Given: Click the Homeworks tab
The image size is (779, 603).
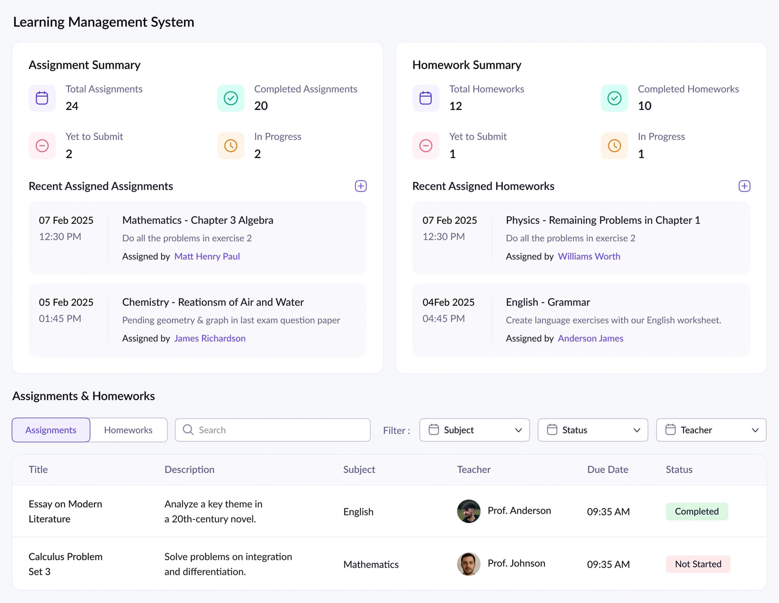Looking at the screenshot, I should pos(128,430).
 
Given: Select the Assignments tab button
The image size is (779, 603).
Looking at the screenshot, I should pos(51,430).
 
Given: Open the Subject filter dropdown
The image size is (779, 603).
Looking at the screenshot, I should pos(474,430).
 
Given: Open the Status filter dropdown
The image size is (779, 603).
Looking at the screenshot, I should pos(593,430).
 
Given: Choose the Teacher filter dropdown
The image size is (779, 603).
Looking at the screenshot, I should pos(711,430).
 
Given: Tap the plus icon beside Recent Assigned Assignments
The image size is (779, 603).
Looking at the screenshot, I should pos(361,186).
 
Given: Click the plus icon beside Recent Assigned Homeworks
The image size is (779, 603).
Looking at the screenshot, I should pos(745,186).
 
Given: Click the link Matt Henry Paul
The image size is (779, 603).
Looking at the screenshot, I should pos(207,256).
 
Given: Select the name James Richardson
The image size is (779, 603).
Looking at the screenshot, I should pos(210,338).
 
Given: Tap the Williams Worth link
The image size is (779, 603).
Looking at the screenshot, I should pos(589,256).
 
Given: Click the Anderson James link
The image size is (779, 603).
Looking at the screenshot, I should pos(590,338).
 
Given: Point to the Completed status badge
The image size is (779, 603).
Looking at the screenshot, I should pos(697,511).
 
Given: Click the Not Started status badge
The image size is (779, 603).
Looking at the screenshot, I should pos(698,564).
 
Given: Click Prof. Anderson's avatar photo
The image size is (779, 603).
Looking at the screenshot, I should pos(469,511).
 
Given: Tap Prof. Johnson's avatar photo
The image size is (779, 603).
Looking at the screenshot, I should pos(469,564).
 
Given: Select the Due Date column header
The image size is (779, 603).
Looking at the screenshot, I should pos(608,469).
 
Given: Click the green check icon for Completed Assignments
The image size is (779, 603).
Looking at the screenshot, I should pos(231,98).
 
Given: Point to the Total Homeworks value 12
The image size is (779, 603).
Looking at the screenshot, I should pos(455,106).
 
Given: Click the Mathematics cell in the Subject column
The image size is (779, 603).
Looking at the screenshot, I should pos(371,564).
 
